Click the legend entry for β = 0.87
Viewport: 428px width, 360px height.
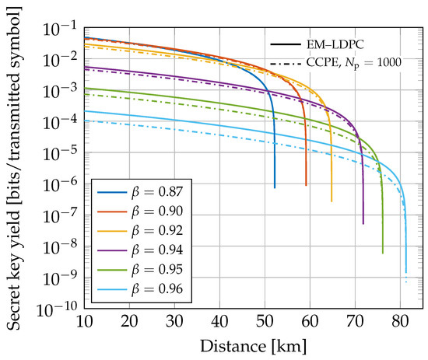140,192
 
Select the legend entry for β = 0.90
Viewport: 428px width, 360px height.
140,211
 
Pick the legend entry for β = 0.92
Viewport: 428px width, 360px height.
140,231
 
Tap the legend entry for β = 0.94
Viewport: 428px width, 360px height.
140,250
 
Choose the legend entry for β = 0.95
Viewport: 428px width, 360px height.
140,270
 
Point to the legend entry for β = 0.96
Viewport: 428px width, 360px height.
140,288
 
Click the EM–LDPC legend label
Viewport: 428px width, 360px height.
335,44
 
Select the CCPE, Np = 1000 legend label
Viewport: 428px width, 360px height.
354,63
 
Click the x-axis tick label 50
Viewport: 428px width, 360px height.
265,321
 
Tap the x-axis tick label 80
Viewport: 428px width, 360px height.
400,321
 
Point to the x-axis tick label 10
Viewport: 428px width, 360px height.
84,321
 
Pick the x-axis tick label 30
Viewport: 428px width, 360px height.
174,321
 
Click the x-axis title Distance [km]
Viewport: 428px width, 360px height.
254,346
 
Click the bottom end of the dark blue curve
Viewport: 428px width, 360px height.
275,188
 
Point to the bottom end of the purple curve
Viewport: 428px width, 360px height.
363,224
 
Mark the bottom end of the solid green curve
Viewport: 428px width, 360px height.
383,253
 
